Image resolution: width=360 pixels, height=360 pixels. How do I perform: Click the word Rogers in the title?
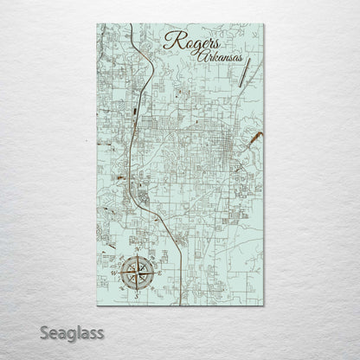[x=189, y=42]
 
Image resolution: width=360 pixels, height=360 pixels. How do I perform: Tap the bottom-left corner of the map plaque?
[x=98, y=305]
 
